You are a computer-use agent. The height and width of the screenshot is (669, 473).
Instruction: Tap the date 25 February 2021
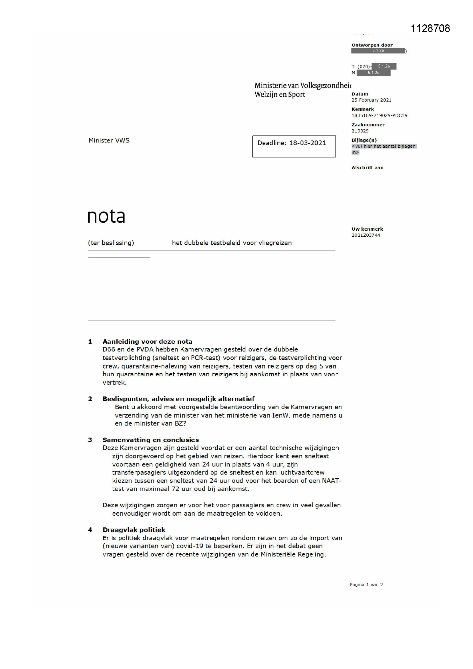[371, 100]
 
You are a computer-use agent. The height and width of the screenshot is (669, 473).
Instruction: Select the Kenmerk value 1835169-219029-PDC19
[379, 115]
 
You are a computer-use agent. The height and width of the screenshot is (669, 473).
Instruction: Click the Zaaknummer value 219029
[360, 131]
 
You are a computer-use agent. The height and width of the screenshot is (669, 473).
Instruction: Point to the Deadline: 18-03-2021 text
[291, 143]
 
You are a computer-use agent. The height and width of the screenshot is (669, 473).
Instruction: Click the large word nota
[106, 216]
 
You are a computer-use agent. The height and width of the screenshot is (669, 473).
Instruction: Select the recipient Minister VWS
[109, 140]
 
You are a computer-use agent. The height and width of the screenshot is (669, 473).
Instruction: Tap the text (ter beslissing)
[111, 243]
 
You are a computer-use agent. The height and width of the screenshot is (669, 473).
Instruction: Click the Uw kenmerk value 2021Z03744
[365, 235]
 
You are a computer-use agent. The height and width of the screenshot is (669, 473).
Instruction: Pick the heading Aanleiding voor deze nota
[147, 341]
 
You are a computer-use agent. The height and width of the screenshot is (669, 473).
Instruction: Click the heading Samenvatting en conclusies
[151, 440]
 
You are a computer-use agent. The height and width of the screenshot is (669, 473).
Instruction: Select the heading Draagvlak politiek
[134, 530]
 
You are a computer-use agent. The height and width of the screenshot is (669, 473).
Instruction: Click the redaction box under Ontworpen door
[378, 51]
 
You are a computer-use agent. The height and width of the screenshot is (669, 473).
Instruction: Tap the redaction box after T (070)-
[384, 66]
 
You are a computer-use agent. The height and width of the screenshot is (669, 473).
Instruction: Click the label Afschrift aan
[367, 168]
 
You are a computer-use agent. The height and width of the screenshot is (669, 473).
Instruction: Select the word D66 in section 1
[109, 349]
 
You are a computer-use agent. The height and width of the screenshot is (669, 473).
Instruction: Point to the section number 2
[90, 399]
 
